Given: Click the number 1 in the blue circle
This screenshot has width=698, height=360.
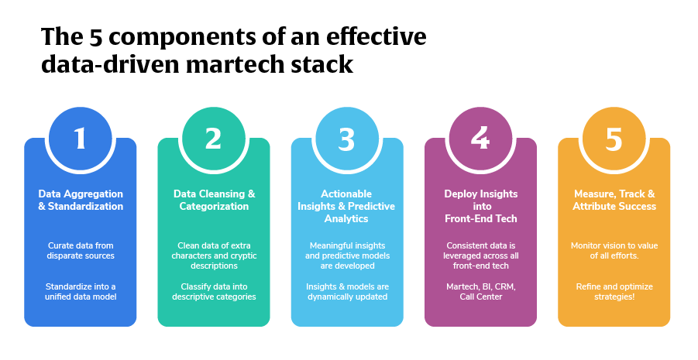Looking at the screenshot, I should (x=81, y=139).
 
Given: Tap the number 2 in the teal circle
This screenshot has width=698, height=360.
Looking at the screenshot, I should (x=213, y=139).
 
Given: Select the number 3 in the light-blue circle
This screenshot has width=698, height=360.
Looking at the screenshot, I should (x=346, y=139).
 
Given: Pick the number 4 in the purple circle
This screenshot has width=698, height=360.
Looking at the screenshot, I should (x=480, y=139).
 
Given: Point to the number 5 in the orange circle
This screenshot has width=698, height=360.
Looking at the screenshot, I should (x=614, y=139).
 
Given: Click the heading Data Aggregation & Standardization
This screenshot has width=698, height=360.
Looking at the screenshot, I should (x=81, y=200).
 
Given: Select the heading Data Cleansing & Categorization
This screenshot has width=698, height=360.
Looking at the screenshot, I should (x=214, y=200).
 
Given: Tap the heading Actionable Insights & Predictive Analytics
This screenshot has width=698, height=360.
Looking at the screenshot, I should (x=346, y=206).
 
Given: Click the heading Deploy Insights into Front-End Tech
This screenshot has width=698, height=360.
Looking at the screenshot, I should (x=480, y=206).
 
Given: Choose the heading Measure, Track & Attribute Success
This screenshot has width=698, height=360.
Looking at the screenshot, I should (x=614, y=200).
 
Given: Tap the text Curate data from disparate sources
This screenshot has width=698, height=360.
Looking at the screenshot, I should (x=81, y=250).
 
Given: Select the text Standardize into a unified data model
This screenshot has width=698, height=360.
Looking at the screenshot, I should (x=81, y=291).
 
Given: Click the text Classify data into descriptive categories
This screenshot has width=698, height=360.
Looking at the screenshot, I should (x=214, y=291).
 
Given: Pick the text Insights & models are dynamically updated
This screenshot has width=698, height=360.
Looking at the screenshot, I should (x=346, y=291).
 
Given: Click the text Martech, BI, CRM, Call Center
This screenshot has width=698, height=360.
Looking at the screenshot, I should (x=480, y=291).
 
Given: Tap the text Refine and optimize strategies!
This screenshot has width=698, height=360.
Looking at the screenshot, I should (x=614, y=291).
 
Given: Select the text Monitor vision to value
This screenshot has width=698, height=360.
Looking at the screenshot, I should (x=614, y=245).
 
